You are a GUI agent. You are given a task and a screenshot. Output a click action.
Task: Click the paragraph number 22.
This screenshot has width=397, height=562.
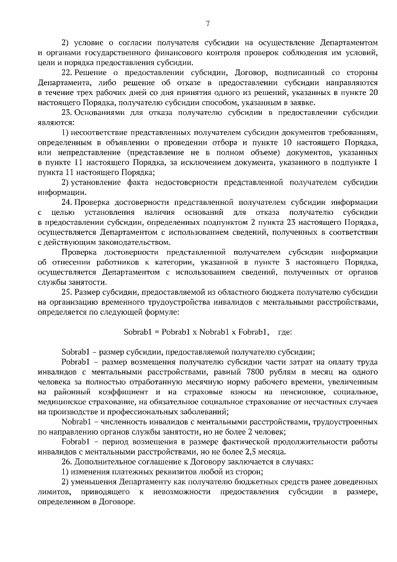pos(67,73)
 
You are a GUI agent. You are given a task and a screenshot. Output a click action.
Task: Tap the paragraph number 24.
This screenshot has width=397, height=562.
pos(67,202)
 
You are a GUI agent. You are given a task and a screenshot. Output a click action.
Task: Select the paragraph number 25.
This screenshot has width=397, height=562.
pos(67,292)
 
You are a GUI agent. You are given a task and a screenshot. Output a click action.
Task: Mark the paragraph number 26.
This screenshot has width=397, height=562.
pos(67,463)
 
